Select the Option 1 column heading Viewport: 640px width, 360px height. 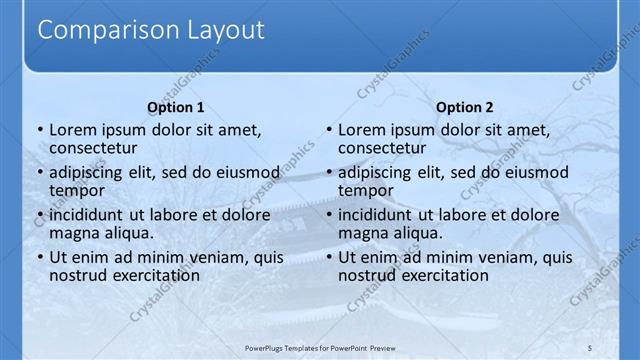tap(176, 107)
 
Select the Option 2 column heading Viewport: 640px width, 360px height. tap(465, 107)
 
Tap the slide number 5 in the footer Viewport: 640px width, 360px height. tap(591, 348)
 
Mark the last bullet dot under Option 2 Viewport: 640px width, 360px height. tap(327, 258)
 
